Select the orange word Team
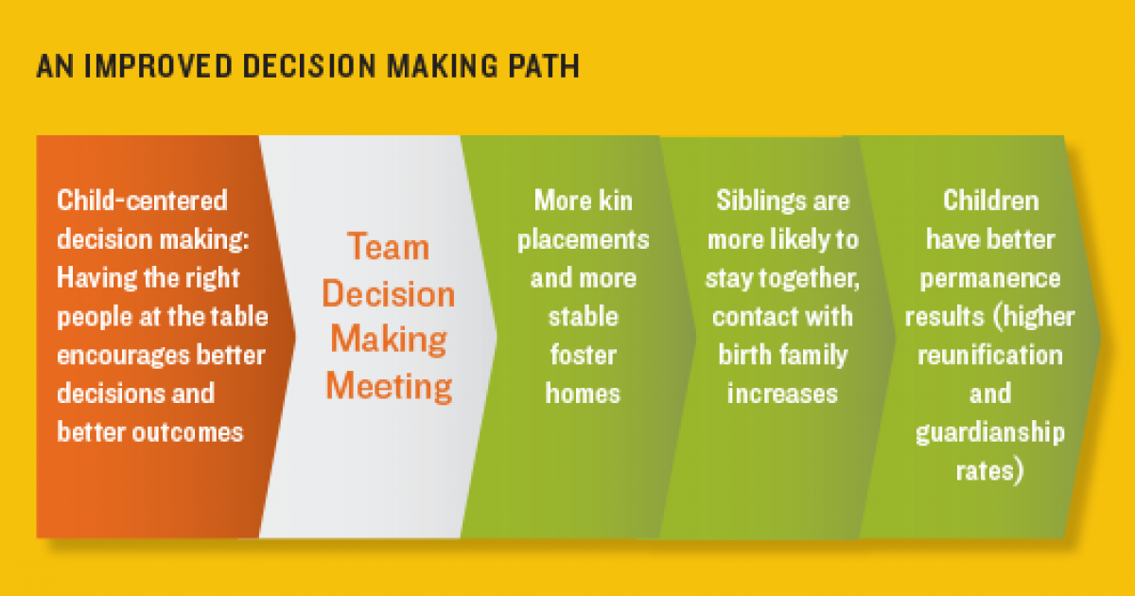click(388, 248)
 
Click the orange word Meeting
click(388, 387)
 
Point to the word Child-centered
click(143, 201)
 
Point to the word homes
click(583, 393)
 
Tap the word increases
click(782, 393)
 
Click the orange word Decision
click(388, 294)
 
